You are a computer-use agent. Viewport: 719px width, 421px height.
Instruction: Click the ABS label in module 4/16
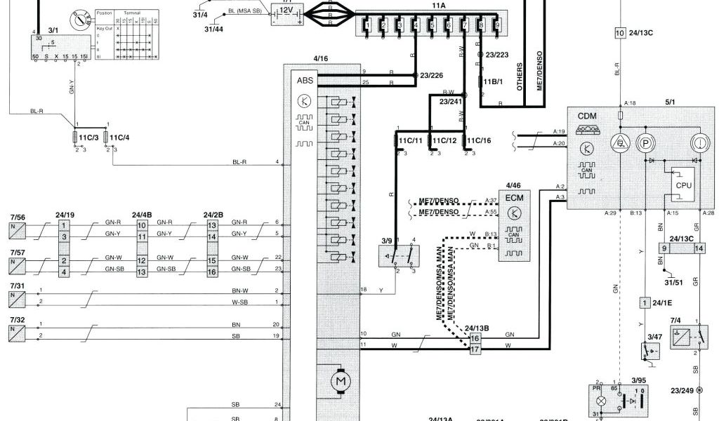pyautogui.click(x=305, y=81)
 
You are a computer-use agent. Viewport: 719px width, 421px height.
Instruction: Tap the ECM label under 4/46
pyautogui.click(x=515, y=197)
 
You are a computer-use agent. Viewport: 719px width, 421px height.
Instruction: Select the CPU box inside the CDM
pyautogui.click(x=683, y=185)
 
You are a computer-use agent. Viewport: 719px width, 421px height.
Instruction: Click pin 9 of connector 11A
pyautogui.click(x=497, y=27)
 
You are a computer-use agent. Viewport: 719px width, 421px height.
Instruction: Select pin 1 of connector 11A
pyautogui.click(x=367, y=27)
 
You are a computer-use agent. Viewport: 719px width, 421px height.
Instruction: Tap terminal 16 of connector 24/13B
pyautogui.click(x=475, y=338)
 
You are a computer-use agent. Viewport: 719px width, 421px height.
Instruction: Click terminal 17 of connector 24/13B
pyautogui.click(x=475, y=348)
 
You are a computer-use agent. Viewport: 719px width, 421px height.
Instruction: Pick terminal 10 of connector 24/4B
pyautogui.click(x=141, y=225)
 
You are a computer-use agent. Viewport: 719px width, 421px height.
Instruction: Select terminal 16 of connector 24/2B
pyautogui.click(x=212, y=272)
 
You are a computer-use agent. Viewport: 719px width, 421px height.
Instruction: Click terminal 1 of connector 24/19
pyautogui.click(x=64, y=225)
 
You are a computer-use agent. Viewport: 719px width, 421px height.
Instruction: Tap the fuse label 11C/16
pyautogui.click(x=478, y=140)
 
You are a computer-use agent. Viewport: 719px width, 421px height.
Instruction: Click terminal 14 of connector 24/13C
pyautogui.click(x=699, y=248)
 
